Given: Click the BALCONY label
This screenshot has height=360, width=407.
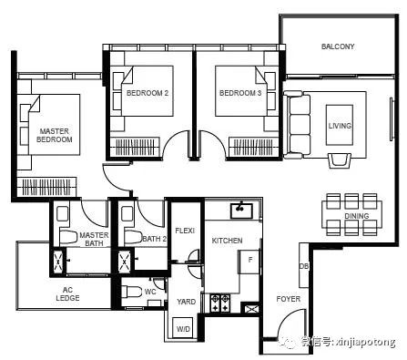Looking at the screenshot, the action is pyautogui.click(x=338, y=46).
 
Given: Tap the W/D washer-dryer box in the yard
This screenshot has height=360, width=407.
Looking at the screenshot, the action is pyautogui.click(x=183, y=327).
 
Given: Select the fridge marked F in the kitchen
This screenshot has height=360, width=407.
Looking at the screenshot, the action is pyautogui.click(x=249, y=262).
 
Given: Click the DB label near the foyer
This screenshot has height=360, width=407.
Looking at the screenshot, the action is pyautogui.click(x=304, y=266).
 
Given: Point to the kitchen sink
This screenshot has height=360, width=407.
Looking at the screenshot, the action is pyautogui.click(x=241, y=211).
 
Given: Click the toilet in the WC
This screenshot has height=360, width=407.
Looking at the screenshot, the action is pyautogui.click(x=131, y=293).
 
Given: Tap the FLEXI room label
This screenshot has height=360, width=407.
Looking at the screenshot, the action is pyautogui.click(x=185, y=231).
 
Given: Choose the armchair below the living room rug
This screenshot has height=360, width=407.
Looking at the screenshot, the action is pyautogui.click(x=340, y=160).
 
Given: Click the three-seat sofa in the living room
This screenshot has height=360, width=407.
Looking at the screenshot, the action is pyautogui.click(x=297, y=127).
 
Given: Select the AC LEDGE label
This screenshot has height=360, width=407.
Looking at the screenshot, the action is pyautogui.click(x=67, y=293).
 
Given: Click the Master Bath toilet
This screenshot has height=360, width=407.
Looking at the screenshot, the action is pyautogui.click(x=68, y=237).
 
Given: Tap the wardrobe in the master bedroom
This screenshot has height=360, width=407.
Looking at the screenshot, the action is pyautogui.click(x=46, y=186).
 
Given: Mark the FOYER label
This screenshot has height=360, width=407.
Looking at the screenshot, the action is pyautogui.click(x=288, y=299).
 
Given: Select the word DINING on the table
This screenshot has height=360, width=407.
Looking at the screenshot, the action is pyautogui.click(x=357, y=216).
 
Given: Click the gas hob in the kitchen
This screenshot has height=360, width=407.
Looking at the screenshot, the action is pyautogui.click(x=220, y=303).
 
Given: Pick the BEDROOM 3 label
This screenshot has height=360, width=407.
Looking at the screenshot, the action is pyautogui.click(x=240, y=93).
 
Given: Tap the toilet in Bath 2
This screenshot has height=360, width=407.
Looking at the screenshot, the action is pyautogui.click(x=133, y=237).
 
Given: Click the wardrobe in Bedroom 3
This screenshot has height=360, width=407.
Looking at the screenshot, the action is pyautogui.click(x=254, y=147).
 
